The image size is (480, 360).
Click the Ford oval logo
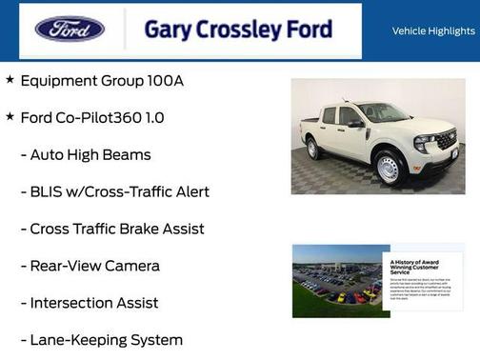point(70,29)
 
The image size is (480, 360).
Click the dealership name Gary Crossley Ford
point(237,30)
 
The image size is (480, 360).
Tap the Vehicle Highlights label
point(433,30)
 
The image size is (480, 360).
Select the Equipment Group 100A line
point(102,80)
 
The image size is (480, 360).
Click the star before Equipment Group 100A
point(10,80)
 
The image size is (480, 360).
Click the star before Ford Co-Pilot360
point(10,117)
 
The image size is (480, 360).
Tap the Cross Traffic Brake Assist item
point(117,229)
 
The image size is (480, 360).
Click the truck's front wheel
point(387,168)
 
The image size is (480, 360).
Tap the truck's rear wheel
point(312,148)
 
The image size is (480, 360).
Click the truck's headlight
point(423,142)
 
